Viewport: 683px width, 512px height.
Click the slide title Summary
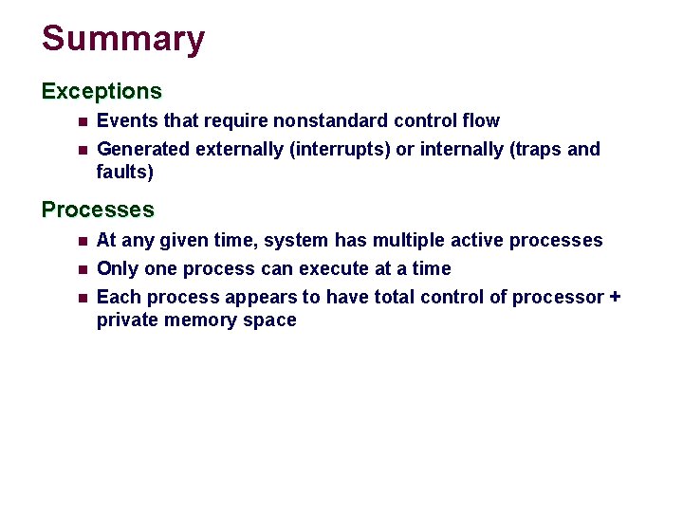pyautogui.click(x=123, y=40)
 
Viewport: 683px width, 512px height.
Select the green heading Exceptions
pyautogui.click(x=102, y=92)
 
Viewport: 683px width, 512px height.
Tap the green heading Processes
pyautogui.click(x=98, y=210)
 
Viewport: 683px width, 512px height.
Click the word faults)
pyautogui.click(x=124, y=173)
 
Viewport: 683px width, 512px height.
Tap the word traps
pyautogui.click(x=538, y=150)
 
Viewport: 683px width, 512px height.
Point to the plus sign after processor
pyautogui.click(x=615, y=298)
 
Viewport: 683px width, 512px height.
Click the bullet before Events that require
pyautogui.click(x=82, y=121)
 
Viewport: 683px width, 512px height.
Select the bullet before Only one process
pyautogui.click(x=82, y=269)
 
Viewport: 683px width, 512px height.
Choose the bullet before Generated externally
pyautogui.click(x=82, y=150)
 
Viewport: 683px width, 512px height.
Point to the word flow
pyautogui.click(x=481, y=121)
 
